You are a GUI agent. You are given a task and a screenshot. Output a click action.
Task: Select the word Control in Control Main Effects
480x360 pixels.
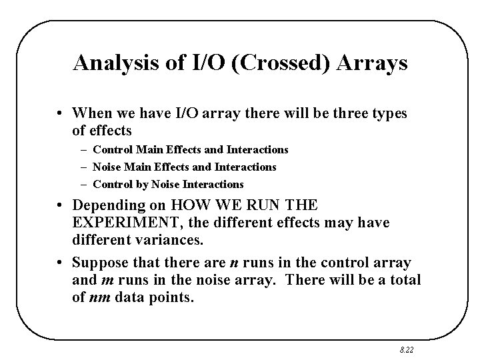112,150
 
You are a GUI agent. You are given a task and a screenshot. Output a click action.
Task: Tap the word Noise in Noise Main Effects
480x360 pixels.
107,167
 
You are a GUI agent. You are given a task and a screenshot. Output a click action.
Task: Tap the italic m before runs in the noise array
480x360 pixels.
104,281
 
